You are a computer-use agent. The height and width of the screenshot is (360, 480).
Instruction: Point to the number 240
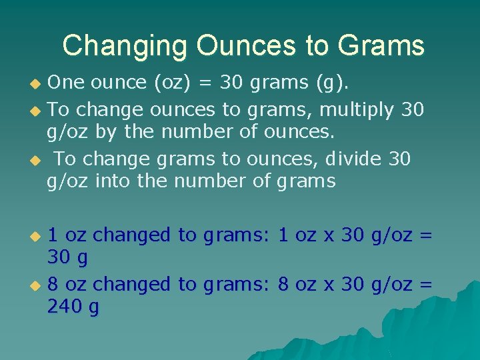[65, 307]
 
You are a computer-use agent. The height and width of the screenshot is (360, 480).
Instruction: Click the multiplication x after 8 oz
[328, 285]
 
